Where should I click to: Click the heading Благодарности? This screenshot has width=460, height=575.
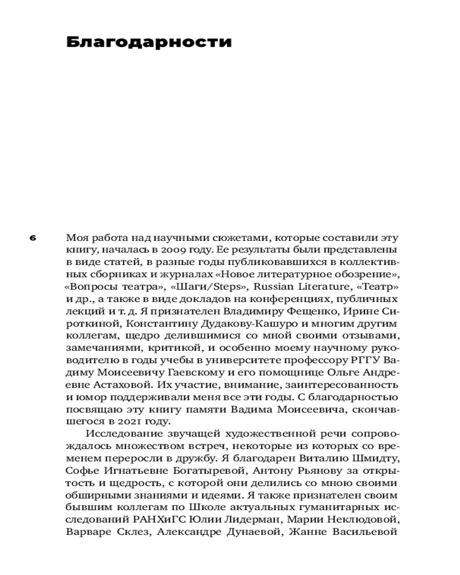coord(149,42)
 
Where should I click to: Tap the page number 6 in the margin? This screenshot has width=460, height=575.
coord(33,237)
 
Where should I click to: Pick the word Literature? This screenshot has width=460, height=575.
coord(326,287)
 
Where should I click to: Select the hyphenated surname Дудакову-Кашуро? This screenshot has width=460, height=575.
coord(209,323)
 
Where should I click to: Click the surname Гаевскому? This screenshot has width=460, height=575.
coord(183,372)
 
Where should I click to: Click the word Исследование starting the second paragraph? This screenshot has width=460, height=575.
coord(120,432)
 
